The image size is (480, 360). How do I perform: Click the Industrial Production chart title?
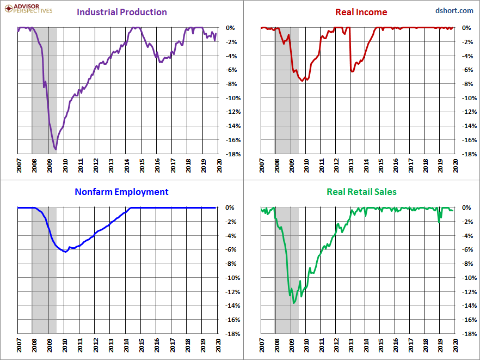click(x=122, y=12)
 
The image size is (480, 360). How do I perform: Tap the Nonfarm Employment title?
click(x=122, y=192)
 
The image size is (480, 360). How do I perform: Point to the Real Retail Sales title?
click(x=361, y=192)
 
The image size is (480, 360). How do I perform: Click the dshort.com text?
click(x=454, y=10)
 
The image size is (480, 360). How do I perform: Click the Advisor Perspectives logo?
click(x=27, y=8)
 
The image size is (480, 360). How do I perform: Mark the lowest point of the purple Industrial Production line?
click(x=56, y=149)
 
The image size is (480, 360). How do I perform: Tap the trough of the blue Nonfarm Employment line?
click(x=65, y=252)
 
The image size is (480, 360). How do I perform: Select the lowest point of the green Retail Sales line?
click(x=294, y=303)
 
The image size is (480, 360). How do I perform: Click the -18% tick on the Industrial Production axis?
click(x=232, y=154)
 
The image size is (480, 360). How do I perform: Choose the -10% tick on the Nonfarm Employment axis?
click(x=232, y=278)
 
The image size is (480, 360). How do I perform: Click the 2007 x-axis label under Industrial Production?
click(x=19, y=166)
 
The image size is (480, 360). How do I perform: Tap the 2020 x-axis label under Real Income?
click(x=456, y=166)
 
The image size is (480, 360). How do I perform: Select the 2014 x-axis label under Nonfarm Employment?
click(x=126, y=345)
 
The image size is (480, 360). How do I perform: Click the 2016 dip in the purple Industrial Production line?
click(x=161, y=62)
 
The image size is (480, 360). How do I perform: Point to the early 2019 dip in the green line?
click(x=439, y=222)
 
